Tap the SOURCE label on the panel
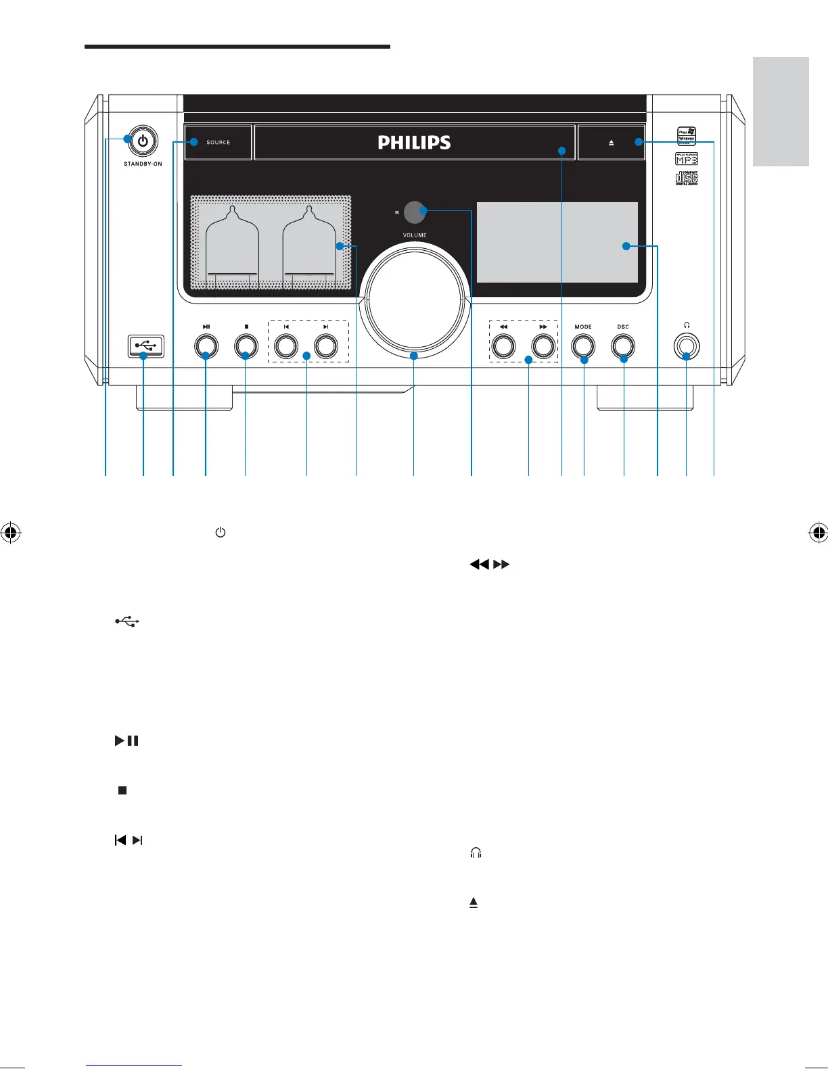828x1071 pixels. pos(218,143)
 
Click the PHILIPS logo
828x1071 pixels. pos(414,143)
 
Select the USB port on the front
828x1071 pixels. pos(144,346)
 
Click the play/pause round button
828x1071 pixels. pos(206,346)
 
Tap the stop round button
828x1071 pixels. pos(246,346)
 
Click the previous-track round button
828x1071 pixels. pos(286,346)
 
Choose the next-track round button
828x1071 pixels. pos(326,346)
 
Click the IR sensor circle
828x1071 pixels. pos(415,212)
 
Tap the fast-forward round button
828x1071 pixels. pos(543,346)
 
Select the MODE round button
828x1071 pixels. pos(583,346)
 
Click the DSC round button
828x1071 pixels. pos(623,346)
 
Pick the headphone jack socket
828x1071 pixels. pos(687,346)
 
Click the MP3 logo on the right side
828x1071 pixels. pos(687,160)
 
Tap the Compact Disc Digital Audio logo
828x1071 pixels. pos(687,178)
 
